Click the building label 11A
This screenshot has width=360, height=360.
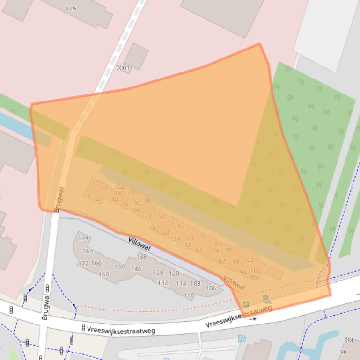pos(71,8)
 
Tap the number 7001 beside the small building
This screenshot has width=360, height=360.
pos(123,68)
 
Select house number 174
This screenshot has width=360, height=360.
pos(83,238)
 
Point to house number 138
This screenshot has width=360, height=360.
pos(141,256)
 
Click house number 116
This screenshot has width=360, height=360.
pos(189,295)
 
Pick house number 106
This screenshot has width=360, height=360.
pos(211,288)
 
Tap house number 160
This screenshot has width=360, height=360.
pos(104,274)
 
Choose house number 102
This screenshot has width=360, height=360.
pos(249,259)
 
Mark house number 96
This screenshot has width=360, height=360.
pos(253,277)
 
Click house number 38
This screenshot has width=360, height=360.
pos(147,200)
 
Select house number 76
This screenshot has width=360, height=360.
pos(203,237)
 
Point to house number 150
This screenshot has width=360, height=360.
pos(119,266)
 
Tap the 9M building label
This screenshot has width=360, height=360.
pos(348,340)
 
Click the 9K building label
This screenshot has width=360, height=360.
pos(344,352)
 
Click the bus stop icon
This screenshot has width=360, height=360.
pos(246,305)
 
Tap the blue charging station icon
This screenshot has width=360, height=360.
pos(242,338)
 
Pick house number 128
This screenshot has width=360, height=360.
pos(158,272)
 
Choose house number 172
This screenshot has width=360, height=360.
pos(83,264)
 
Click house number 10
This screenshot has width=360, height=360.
pos(95,183)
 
